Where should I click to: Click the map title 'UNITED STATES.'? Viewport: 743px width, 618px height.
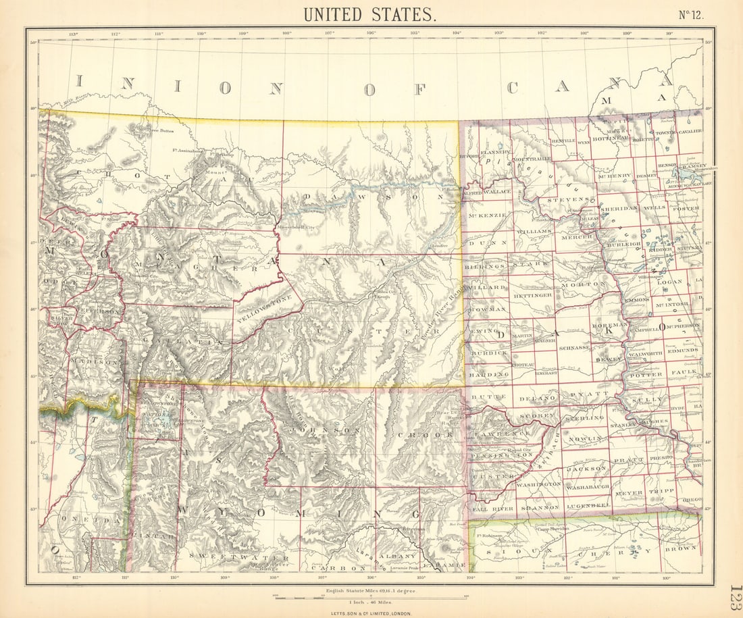[369, 14]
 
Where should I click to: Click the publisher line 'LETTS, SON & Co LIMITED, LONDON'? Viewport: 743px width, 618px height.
[371, 613]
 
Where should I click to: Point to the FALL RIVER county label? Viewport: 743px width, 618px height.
[489, 507]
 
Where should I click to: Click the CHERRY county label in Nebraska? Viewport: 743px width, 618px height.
[623, 551]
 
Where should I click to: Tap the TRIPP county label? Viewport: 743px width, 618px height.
[662, 492]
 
